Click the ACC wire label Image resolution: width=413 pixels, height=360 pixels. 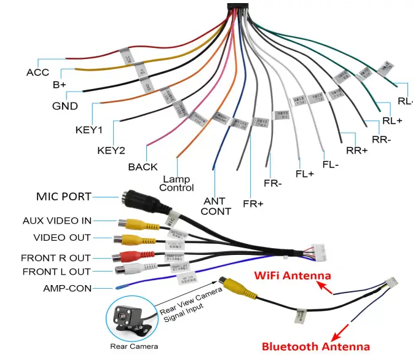pyautogui.click(x=37, y=72)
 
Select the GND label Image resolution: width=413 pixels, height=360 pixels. pyautogui.click(x=65, y=106)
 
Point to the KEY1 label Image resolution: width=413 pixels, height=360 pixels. pyautogui.click(x=88, y=130)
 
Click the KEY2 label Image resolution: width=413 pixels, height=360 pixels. pyautogui.click(x=111, y=151)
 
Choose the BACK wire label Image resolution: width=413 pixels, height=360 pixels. pyautogui.click(x=143, y=166)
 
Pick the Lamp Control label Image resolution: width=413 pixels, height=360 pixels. pyautogui.click(x=176, y=184)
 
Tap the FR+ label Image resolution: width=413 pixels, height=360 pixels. pyautogui.click(x=253, y=203)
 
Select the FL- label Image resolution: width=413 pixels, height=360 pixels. pyautogui.click(x=331, y=165)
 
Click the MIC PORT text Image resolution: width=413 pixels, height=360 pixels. pyautogui.click(x=63, y=197)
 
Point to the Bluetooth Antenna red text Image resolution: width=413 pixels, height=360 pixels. pyautogui.click(x=316, y=346)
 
